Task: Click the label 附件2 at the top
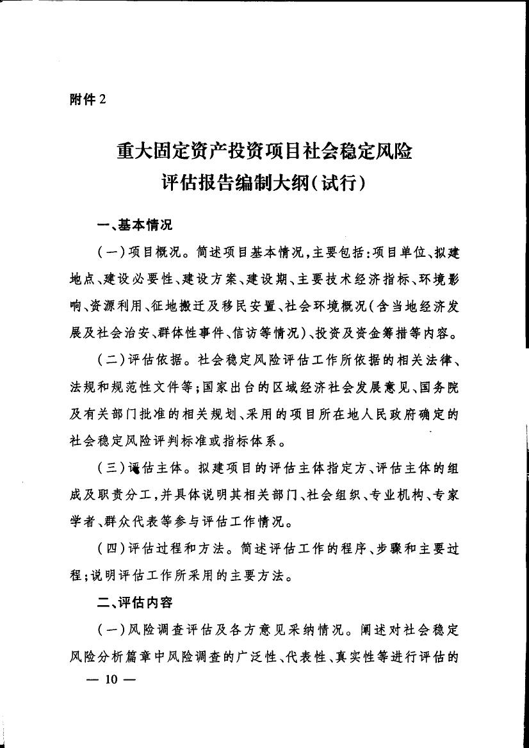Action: [86, 99]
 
